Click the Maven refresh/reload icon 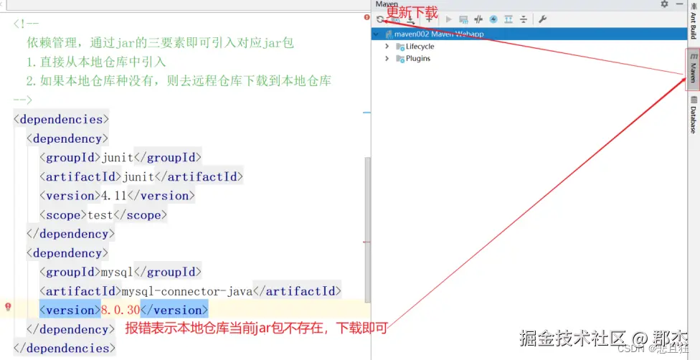click(x=379, y=19)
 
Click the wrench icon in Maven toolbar click(x=543, y=19)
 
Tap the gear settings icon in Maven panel click(x=664, y=4)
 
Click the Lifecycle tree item click(x=420, y=47)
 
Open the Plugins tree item click(x=418, y=59)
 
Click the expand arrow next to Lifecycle click(x=387, y=47)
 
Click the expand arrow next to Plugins click(x=387, y=59)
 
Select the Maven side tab click(x=693, y=69)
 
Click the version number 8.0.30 click(x=120, y=311)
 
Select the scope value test click(x=101, y=214)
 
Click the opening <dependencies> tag click(x=62, y=119)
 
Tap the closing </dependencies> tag click(x=65, y=349)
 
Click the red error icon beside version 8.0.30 click(x=8, y=307)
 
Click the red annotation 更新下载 click(x=412, y=12)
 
